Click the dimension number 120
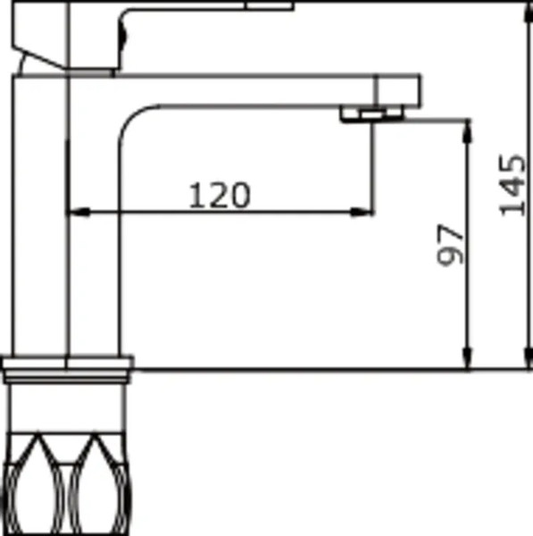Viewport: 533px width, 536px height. (219, 194)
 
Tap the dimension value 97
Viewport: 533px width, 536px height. (452, 243)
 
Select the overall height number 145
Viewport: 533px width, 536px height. (512, 184)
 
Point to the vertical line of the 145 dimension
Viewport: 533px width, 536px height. (522, 268)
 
